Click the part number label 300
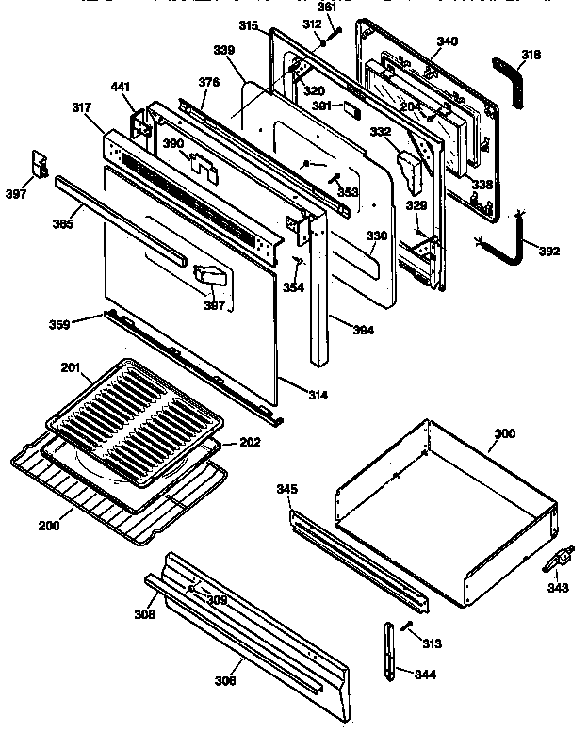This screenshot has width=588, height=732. click(505, 433)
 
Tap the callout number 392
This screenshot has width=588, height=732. click(549, 251)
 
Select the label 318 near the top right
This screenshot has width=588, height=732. click(531, 56)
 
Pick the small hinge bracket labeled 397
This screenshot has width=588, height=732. click(40, 163)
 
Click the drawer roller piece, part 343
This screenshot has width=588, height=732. click(555, 562)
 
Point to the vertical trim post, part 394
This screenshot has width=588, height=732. click(318, 301)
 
